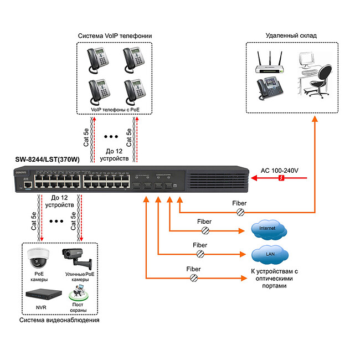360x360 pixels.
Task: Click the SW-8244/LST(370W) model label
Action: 48,160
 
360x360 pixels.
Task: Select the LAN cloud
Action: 270,254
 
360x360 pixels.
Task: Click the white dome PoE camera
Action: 38,258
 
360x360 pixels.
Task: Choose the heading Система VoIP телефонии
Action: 115,36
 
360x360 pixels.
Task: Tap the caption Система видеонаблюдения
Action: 59,320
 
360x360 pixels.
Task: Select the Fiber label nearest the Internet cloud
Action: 204,222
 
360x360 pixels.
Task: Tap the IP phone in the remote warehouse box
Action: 268,87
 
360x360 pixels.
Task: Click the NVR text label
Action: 41,306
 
